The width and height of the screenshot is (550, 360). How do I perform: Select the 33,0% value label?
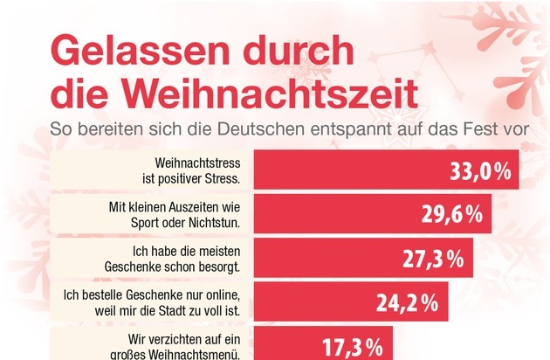[x=478, y=170]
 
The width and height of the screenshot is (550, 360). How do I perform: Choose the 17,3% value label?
[x=357, y=346]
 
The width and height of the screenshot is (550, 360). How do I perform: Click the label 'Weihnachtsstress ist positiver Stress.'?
[x=190, y=170]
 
